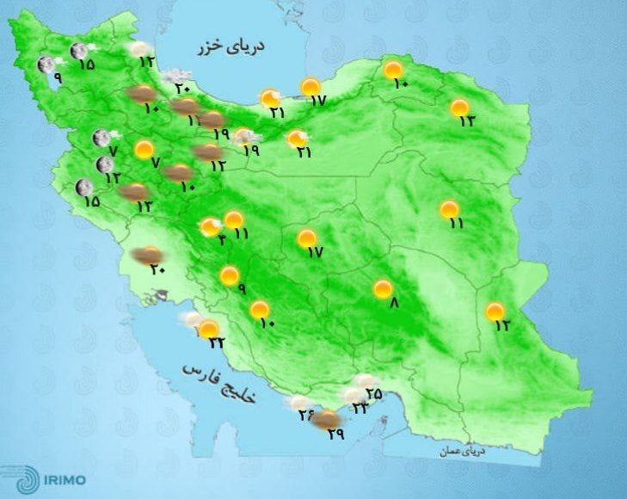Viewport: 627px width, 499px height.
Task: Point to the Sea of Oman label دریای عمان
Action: coord(470,449)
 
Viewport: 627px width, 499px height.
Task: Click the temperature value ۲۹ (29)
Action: coord(335,434)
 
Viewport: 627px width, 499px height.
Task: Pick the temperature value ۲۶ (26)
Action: coord(306,416)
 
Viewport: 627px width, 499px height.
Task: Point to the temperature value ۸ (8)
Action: coord(394,303)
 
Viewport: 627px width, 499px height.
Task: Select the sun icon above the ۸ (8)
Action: coord(383,290)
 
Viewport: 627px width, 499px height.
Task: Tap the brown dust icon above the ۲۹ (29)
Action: coord(325,420)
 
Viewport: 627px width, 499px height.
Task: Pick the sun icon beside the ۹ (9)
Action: coord(229,275)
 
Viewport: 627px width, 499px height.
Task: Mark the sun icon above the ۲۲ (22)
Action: coord(209,327)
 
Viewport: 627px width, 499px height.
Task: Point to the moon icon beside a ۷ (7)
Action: coord(101,138)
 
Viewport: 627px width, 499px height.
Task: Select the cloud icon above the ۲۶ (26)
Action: coord(300,402)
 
